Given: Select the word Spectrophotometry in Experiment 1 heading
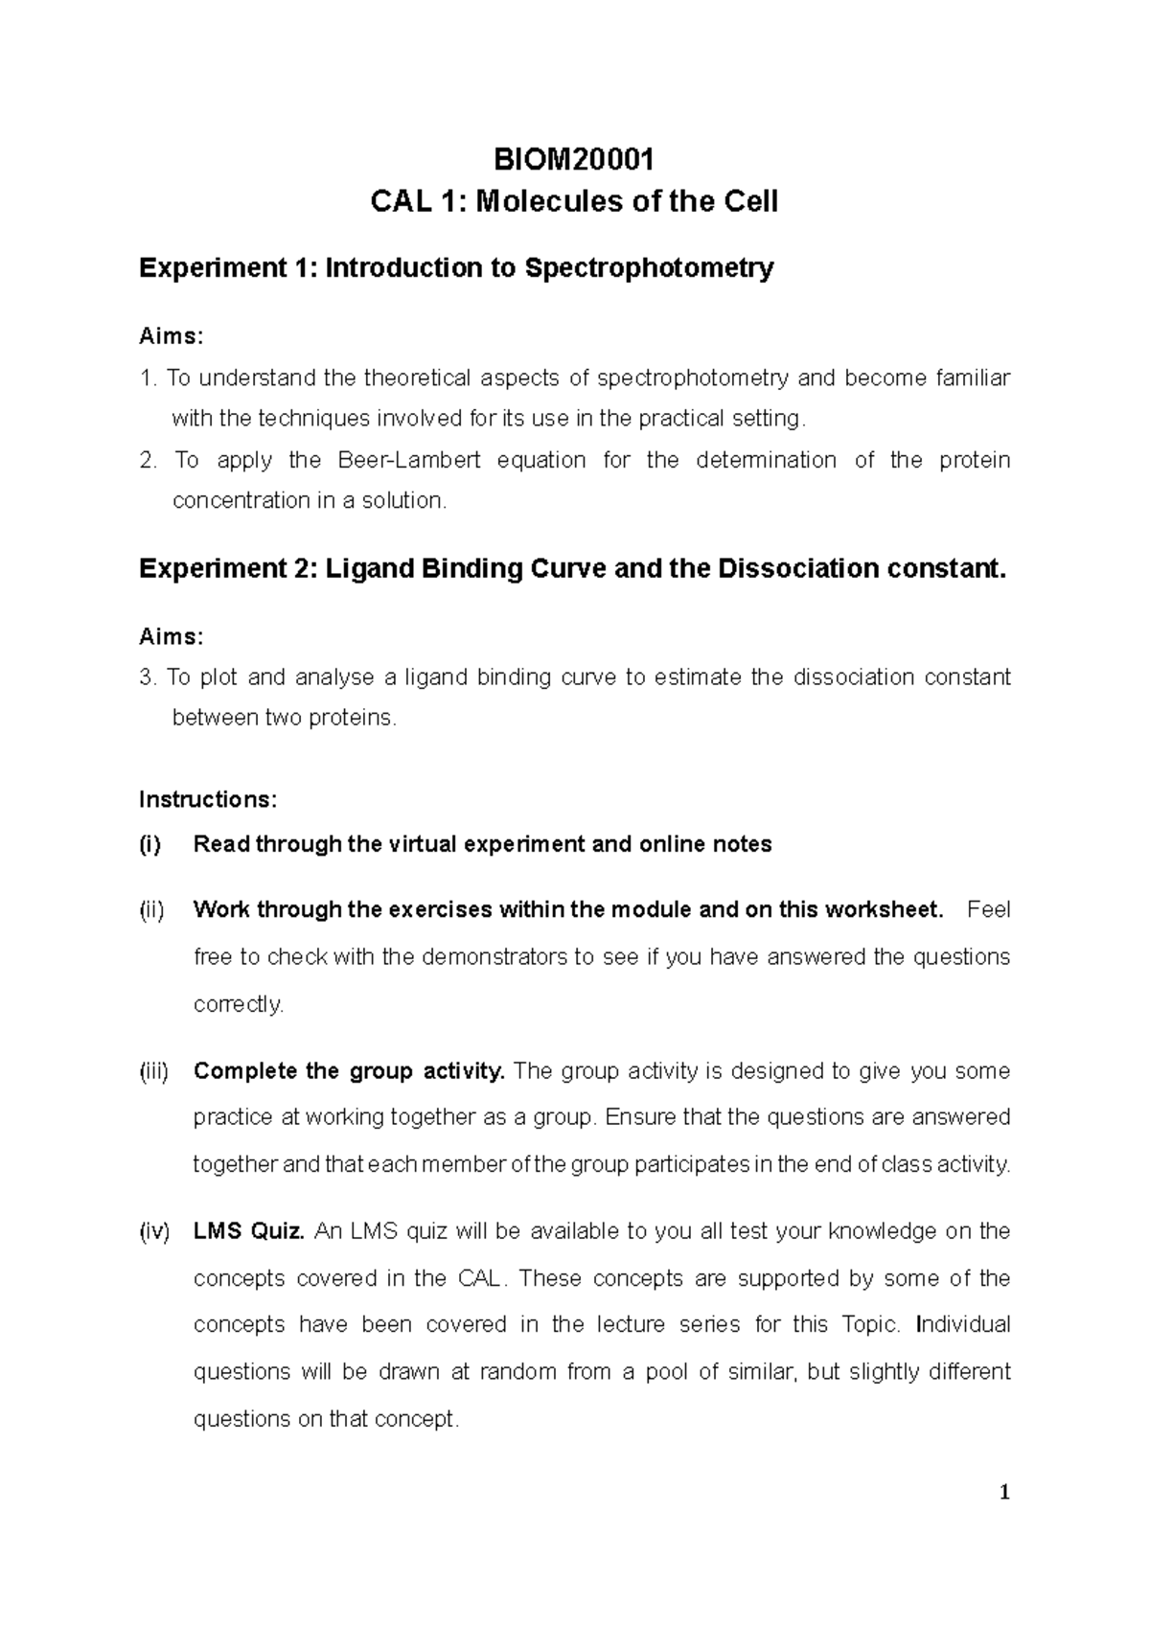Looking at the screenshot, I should coord(649,268).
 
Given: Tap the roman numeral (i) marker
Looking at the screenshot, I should coord(150,844).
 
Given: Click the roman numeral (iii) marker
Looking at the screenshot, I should coord(153,1071).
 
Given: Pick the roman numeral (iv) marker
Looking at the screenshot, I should coord(154,1231).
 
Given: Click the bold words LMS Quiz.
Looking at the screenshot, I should coord(248,1231).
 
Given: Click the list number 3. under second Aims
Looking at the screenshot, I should coord(148,677).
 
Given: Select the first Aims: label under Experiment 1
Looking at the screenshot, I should coord(171,336).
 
